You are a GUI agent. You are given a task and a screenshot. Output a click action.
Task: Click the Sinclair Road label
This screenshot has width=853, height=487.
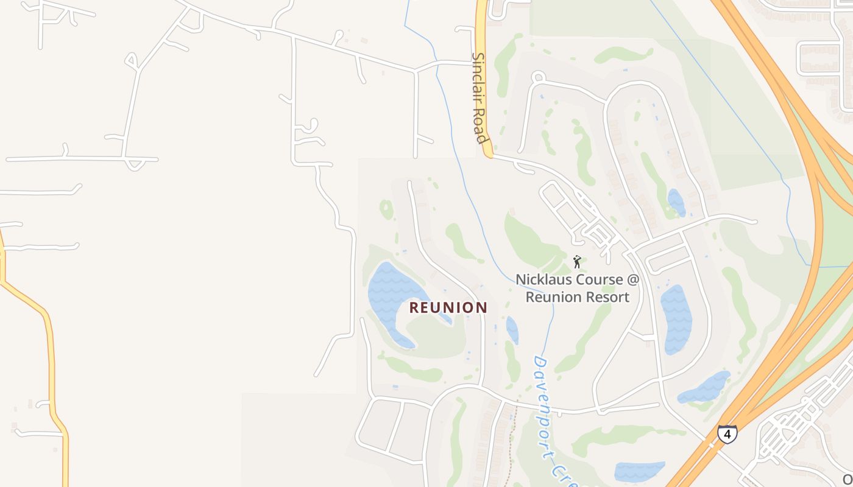pyautogui.click(x=481, y=97)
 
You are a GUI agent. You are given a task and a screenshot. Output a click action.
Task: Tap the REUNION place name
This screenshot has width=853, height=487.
pyautogui.click(x=448, y=307)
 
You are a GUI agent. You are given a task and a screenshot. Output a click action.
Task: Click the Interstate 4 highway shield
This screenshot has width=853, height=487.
pyautogui.click(x=727, y=434)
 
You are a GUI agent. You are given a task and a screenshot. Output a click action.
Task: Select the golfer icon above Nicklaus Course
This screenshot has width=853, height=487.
pyautogui.click(x=577, y=262)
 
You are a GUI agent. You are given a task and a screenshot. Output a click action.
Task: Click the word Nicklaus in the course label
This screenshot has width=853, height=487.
pyautogui.click(x=544, y=280)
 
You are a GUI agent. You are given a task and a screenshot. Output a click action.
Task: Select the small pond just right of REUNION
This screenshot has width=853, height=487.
pyautogui.click(x=512, y=329)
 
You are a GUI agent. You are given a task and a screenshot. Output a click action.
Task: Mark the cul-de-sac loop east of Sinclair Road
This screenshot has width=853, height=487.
pyautogui.click(x=537, y=77)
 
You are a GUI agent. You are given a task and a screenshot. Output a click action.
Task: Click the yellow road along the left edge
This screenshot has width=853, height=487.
pyautogui.click(x=52, y=365)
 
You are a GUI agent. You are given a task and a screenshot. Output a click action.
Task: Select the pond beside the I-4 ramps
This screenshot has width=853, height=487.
pyautogui.click(x=704, y=387)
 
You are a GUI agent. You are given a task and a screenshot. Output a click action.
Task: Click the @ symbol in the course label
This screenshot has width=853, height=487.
pyautogui.click(x=633, y=280)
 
